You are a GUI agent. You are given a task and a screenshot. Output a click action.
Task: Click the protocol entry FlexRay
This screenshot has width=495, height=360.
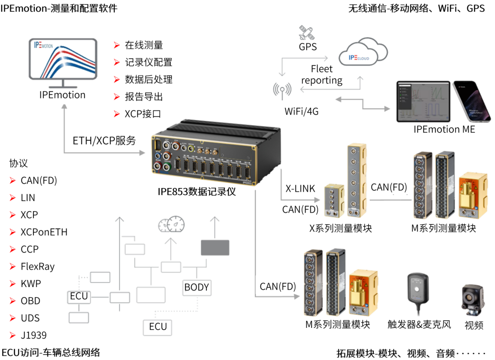tap(37, 266)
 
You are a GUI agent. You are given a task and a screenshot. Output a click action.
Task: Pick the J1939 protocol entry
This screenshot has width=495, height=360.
tap(33, 335)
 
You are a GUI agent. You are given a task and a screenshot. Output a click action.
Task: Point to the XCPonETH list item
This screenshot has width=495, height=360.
tap(44, 232)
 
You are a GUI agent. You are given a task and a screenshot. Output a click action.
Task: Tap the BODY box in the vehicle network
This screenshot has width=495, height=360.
tap(196, 287)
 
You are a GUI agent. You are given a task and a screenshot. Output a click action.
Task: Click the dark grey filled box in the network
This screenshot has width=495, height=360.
tap(215, 247)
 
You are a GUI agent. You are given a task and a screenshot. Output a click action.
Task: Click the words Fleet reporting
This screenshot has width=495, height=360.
tap(322, 74)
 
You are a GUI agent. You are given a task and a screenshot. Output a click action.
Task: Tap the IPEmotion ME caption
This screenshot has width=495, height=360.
tap(444, 129)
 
